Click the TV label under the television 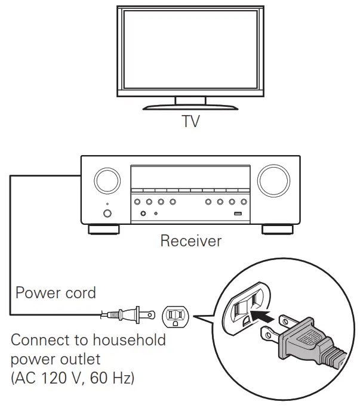[191, 122]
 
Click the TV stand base [190, 107]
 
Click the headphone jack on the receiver [144, 214]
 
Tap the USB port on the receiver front [238, 214]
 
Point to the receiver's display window [190, 180]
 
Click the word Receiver [190, 242]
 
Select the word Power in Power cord [37, 293]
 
